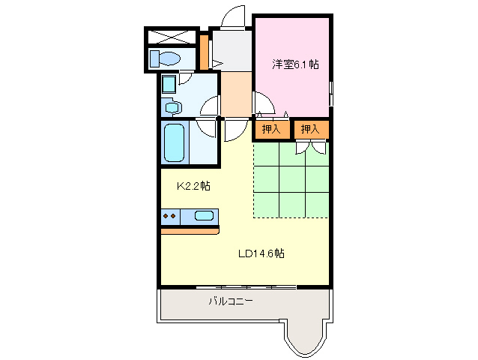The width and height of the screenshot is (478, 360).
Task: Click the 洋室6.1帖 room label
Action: click(x=295, y=64)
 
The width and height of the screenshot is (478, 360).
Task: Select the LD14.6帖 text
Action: click(x=261, y=253)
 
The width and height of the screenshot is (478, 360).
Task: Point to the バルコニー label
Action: click(x=230, y=301)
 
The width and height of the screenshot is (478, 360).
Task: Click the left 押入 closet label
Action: click(x=271, y=129)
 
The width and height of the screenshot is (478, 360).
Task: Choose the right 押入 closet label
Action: click(x=310, y=129)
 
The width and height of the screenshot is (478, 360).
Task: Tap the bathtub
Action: click(x=174, y=143)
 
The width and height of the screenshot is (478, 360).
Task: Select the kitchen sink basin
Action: click(x=204, y=216)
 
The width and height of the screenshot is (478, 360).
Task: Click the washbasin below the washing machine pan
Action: click(x=172, y=108)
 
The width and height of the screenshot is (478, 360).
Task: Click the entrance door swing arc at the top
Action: click(x=234, y=16)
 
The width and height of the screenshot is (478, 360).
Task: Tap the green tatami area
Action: click(x=291, y=181)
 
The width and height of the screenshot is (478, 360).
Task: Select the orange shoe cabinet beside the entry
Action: click(x=203, y=50)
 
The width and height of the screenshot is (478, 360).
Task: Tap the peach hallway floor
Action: click(x=235, y=94)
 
